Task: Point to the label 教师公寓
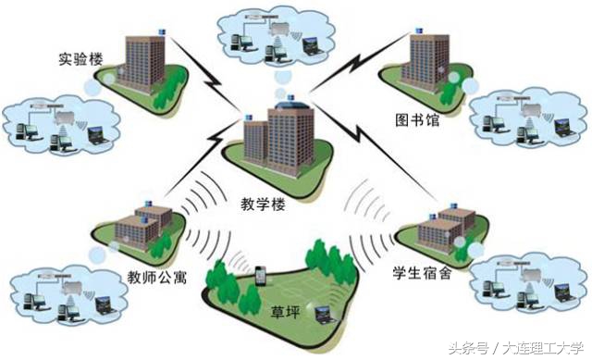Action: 156,275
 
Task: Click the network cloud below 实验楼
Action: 57,130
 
